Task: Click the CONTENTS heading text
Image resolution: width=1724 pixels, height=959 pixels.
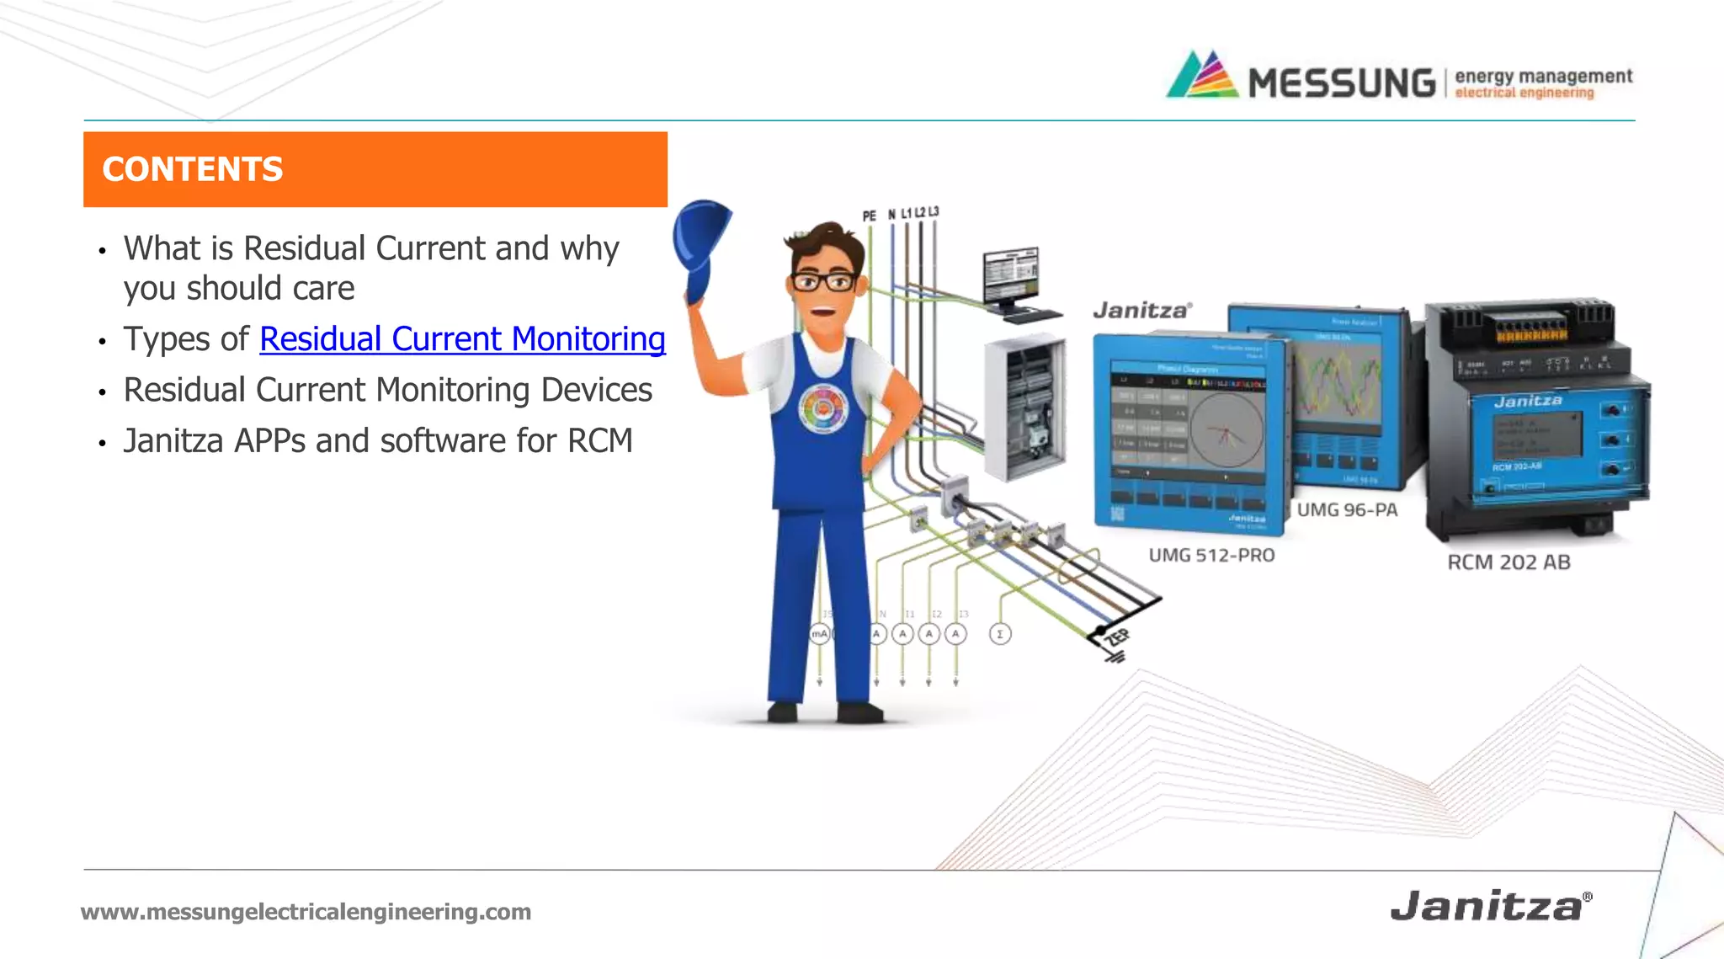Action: click(x=192, y=169)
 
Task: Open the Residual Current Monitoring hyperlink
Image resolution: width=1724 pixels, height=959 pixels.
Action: click(x=462, y=338)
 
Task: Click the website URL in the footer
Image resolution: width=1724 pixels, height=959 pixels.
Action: click(x=306, y=911)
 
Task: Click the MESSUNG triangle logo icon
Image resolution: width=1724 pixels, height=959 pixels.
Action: click(x=1202, y=76)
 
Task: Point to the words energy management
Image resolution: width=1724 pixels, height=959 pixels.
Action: click(x=1543, y=76)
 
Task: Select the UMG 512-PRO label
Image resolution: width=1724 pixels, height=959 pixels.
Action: click(x=1211, y=555)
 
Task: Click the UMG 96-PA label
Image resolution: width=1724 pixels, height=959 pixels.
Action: click(x=1347, y=509)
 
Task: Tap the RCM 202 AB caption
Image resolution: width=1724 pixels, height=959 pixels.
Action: click(x=1508, y=562)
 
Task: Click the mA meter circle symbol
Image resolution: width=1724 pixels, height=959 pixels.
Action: click(x=819, y=633)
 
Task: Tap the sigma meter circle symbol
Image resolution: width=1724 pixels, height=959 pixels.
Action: click(x=999, y=634)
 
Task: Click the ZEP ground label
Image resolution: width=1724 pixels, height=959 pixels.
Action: click(x=1117, y=637)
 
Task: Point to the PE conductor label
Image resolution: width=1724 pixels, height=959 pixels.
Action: click(x=869, y=216)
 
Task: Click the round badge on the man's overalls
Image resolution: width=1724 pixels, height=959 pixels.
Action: click(x=823, y=409)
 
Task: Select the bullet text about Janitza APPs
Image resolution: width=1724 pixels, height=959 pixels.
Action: click(x=377, y=440)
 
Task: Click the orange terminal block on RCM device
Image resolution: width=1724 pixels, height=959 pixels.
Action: click(x=1530, y=334)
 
